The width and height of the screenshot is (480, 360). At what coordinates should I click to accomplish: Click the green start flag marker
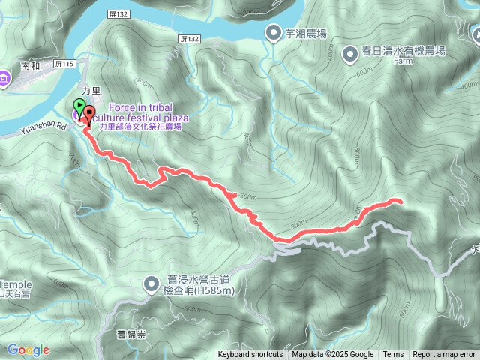coord(79,106)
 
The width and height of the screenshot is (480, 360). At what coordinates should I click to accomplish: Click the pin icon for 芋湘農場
coord(274,32)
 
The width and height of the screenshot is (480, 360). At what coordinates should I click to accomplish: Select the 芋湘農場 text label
coord(306,33)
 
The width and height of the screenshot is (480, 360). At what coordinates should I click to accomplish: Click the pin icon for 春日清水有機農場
coord(350,53)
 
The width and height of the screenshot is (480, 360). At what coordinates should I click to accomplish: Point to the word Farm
coord(402,63)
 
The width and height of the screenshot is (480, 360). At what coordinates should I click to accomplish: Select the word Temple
coord(16,284)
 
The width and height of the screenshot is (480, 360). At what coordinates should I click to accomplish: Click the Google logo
coord(28,349)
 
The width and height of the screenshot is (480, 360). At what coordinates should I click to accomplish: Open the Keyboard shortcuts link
coord(250,355)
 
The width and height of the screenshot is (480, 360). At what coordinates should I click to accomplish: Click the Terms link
coord(393,355)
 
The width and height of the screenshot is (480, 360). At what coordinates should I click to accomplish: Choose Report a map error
coord(445,355)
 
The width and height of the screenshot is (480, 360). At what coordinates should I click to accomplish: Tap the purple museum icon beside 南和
coord(4,77)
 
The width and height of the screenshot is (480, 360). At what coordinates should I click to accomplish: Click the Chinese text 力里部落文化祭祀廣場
coord(144,128)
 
